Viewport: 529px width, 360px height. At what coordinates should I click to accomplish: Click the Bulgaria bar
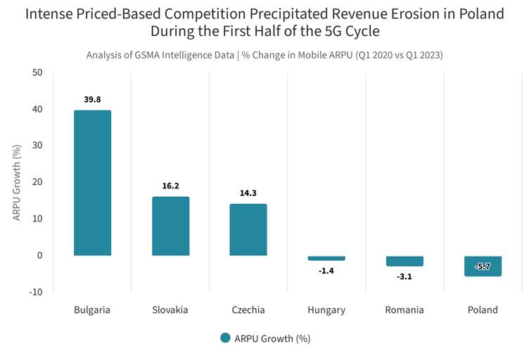[92, 183]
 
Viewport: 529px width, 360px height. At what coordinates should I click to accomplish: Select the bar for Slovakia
[171, 226]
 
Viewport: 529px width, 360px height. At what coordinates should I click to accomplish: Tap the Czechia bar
[248, 229]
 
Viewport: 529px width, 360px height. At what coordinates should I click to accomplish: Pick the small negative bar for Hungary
[326, 258]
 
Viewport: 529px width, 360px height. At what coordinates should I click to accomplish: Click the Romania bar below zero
[405, 262]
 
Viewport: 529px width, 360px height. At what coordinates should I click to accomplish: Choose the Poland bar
[483, 266]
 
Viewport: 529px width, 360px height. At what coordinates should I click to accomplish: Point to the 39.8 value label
[92, 99]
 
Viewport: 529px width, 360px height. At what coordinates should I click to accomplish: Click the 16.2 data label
[171, 186]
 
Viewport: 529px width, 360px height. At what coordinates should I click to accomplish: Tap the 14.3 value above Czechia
[248, 193]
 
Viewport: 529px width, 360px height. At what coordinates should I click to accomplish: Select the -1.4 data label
[326, 271]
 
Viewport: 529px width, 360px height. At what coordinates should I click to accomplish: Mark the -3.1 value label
[404, 277]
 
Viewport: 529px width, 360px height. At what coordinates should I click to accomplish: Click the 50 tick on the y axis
[37, 72]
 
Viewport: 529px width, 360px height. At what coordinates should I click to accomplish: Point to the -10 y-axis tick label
[36, 292]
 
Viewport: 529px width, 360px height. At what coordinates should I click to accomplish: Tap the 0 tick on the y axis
[40, 255]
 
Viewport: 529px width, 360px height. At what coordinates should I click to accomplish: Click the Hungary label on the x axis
[326, 310]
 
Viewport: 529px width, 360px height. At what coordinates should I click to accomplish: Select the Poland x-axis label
[483, 310]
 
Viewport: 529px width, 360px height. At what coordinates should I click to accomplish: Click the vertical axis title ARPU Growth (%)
[17, 183]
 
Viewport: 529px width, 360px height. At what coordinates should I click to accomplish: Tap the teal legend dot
[225, 337]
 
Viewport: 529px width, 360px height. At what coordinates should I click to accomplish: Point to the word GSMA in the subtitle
[147, 55]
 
